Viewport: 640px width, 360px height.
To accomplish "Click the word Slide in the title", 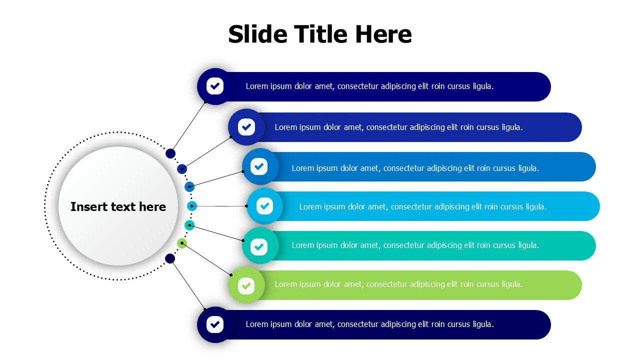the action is tap(257, 34).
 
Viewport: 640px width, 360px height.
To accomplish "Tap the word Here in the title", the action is tap(383, 34).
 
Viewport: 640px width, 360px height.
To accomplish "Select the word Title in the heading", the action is tap(321, 34).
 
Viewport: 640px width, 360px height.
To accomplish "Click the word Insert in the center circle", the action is tap(88, 206).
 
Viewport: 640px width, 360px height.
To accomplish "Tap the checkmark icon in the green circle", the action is tap(246, 285).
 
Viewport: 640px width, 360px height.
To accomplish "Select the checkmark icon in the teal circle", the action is tap(259, 246).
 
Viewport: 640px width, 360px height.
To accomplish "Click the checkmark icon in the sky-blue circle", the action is tap(264, 206).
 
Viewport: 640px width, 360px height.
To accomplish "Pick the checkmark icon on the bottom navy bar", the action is tap(215, 324).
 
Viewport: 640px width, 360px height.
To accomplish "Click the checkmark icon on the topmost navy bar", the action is tap(215, 86).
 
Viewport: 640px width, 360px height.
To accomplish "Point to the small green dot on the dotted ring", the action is tap(182, 243).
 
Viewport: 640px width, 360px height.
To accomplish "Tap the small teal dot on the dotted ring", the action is tap(189, 225).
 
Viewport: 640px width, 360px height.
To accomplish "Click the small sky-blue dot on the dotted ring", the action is tap(192, 206).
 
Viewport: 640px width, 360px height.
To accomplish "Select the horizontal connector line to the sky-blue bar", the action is tap(219, 206).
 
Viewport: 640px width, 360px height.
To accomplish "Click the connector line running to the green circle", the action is tap(206, 259).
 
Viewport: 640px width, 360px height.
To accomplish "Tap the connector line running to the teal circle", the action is tap(216, 233).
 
